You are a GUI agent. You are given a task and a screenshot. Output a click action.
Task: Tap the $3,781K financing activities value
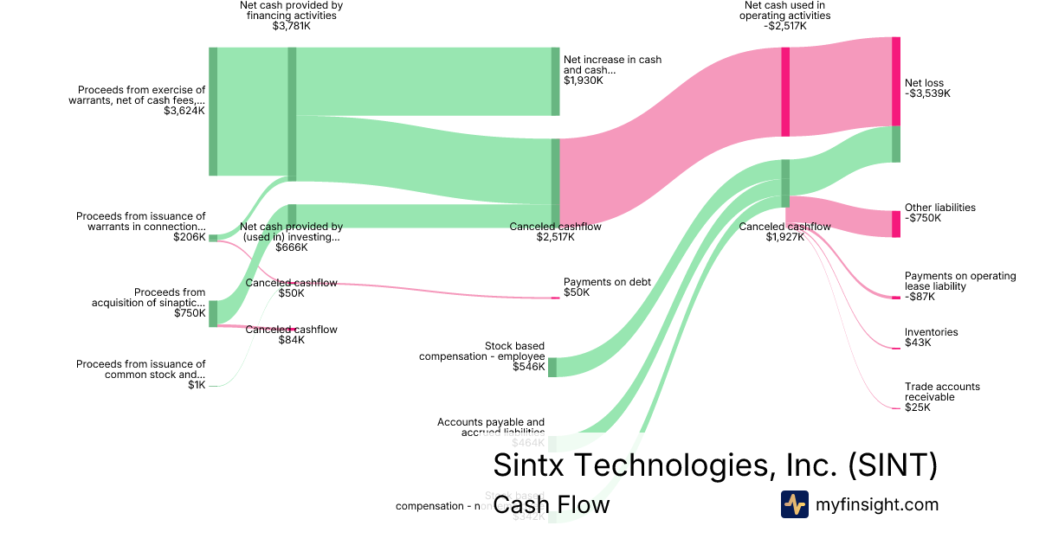pyautogui.click(x=291, y=26)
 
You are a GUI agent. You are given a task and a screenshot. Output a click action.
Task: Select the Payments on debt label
pyautogui.click(x=606, y=282)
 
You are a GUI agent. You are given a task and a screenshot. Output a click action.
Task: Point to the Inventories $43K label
pyautogui.click(x=931, y=337)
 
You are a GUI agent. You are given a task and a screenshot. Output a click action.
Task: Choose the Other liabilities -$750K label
pyautogui.click(x=939, y=213)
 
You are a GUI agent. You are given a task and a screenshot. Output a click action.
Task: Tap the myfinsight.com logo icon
pyautogui.click(x=794, y=504)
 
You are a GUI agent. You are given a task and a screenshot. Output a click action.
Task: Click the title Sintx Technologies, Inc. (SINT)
pyautogui.click(x=715, y=465)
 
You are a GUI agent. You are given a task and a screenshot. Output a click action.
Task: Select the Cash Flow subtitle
pyautogui.click(x=551, y=505)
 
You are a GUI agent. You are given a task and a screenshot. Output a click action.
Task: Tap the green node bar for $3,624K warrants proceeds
pyautogui.click(x=213, y=112)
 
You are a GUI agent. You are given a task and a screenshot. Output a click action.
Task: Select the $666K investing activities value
pyautogui.click(x=291, y=247)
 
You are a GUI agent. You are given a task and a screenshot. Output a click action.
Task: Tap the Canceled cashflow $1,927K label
pyautogui.click(x=784, y=232)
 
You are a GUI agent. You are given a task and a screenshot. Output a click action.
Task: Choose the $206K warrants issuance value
pyautogui.click(x=189, y=237)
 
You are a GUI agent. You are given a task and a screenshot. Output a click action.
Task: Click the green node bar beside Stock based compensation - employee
pyautogui.click(x=552, y=367)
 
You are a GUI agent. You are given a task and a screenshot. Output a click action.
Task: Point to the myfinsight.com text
pyautogui.click(x=876, y=504)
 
